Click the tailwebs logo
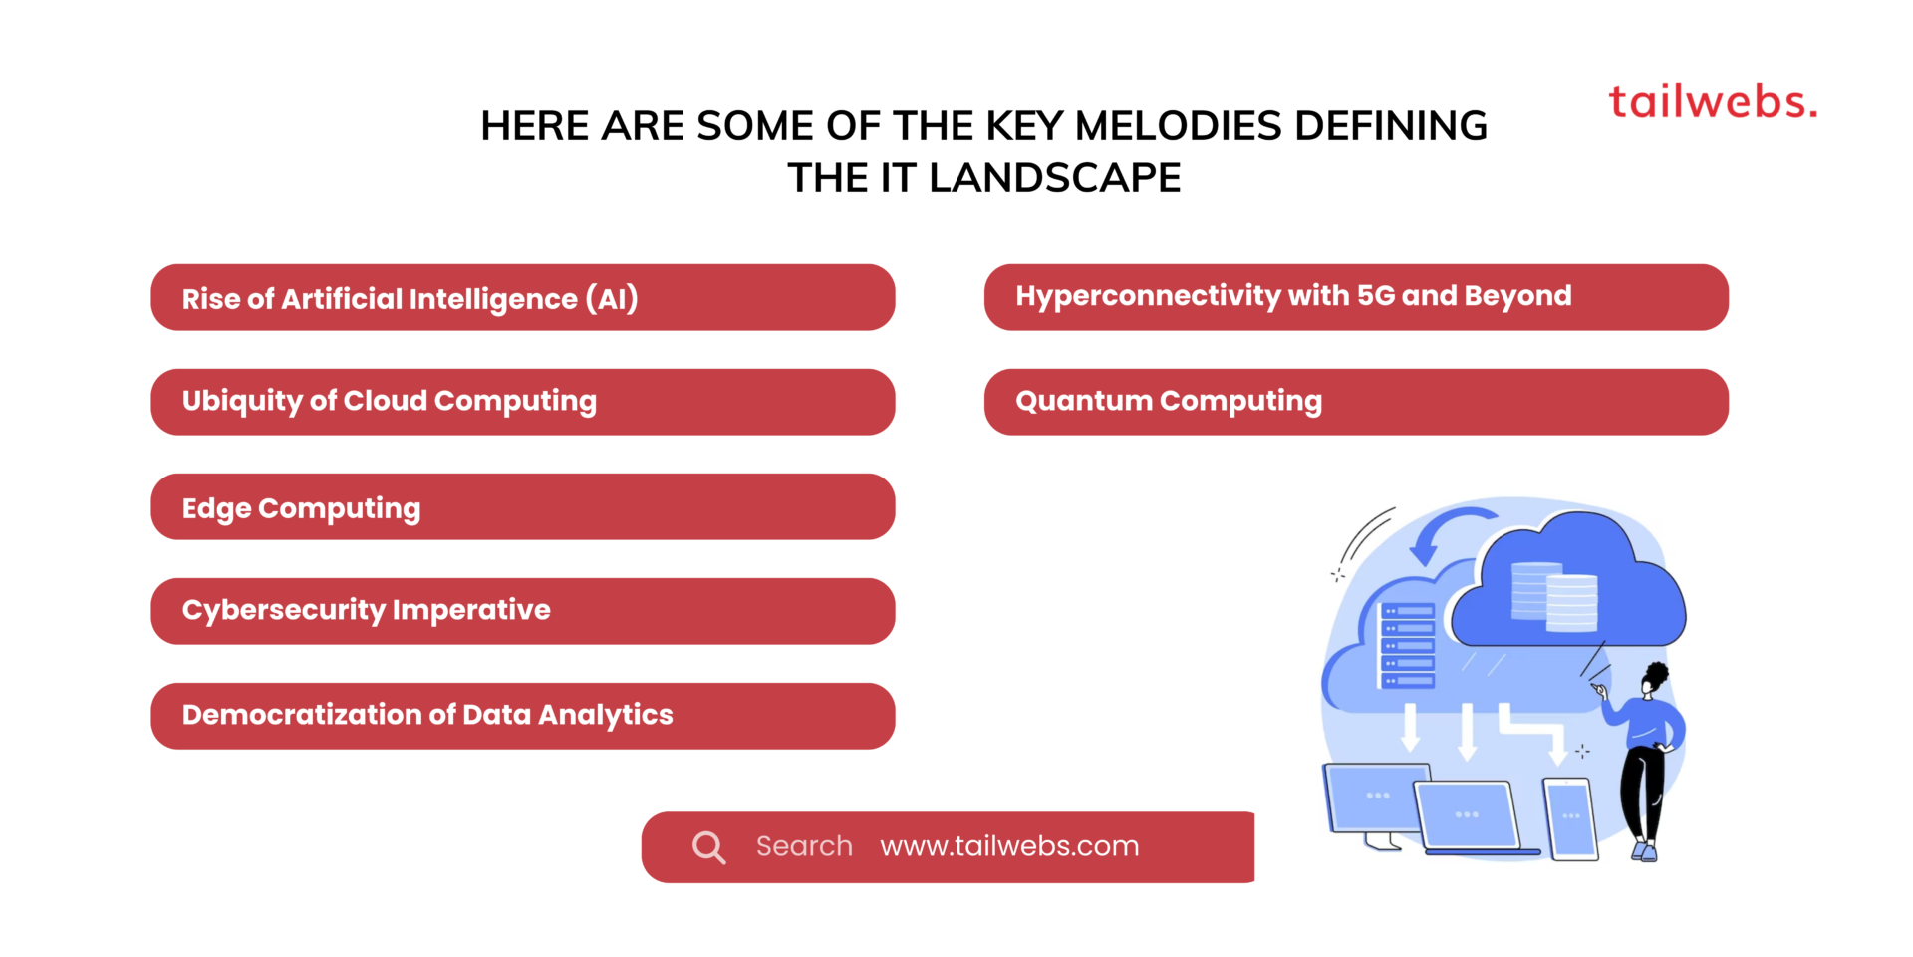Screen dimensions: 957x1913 tap(1712, 102)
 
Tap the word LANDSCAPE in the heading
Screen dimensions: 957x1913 tap(1054, 178)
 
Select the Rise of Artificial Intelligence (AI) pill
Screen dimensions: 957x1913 tap(522, 297)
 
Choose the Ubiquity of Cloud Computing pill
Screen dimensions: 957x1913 tap(522, 402)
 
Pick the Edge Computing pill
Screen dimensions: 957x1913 tap(522, 506)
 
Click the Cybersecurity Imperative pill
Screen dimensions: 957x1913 tap(522, 611)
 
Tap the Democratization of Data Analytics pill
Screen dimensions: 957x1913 tap(522, 716)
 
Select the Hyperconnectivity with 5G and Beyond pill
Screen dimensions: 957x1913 tap(1355, 297)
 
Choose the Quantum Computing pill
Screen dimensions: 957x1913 tap(1355, 402)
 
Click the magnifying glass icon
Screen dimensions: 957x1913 tap(708, 847)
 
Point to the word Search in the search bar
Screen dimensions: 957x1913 tap(804, 846)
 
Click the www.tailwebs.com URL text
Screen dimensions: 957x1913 tap(1009, 846)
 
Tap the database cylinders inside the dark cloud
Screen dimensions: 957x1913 tap(1554, 596)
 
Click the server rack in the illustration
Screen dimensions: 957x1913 tap(1407, 646)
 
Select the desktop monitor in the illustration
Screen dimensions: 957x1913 tap(1375, 797)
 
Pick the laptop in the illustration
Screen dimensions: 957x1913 tap(1469, 817)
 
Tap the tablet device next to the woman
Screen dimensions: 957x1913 tap(1570, 817)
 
